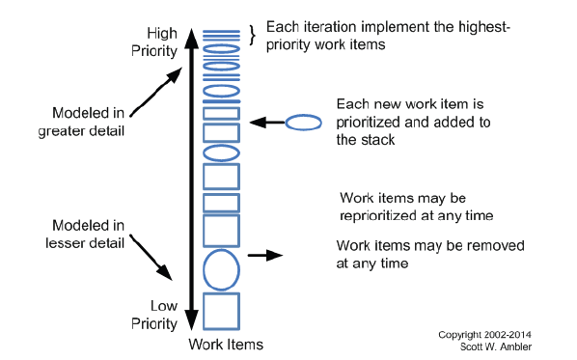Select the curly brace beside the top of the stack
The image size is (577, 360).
[x=253, y=35]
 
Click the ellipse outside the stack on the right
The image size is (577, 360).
[x=305, y=123]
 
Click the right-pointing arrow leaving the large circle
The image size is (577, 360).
[x=263, y=256]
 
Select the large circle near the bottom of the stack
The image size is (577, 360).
[x=221, y=269]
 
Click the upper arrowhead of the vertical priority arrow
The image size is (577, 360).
[x=190, y=36]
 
